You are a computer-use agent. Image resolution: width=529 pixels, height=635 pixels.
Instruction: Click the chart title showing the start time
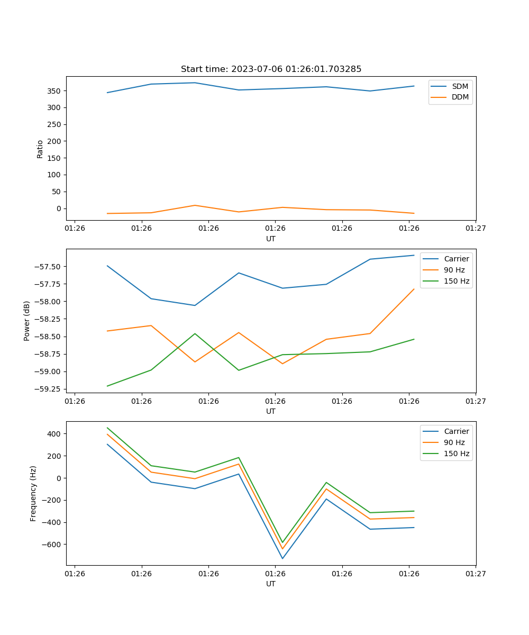271,69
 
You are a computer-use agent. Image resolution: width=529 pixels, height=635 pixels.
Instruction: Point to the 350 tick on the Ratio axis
54,91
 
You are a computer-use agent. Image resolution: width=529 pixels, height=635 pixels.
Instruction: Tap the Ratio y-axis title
40,149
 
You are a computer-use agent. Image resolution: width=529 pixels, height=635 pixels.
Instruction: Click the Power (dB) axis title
27,321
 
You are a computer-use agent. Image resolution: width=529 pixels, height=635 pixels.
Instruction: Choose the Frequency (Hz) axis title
33,493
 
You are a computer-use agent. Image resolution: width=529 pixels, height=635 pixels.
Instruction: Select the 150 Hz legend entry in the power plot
457,281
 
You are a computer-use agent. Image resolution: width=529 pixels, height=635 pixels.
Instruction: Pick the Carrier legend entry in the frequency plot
457,431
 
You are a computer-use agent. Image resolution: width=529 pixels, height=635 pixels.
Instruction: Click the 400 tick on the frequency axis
54,434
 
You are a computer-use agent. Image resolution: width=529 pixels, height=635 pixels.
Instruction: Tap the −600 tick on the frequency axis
52,545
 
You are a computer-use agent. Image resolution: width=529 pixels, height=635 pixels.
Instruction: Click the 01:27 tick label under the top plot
476,229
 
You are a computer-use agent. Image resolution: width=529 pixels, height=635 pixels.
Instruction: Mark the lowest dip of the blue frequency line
282,558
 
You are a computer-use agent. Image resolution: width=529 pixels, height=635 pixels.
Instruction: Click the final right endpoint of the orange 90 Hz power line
414,289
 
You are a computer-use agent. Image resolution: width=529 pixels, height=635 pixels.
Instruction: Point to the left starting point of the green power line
107,386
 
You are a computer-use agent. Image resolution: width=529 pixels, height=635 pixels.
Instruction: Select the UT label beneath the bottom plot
271,584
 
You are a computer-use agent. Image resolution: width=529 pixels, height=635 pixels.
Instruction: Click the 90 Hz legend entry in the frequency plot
454,442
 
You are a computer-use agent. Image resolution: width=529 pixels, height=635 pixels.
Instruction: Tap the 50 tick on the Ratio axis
57,192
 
